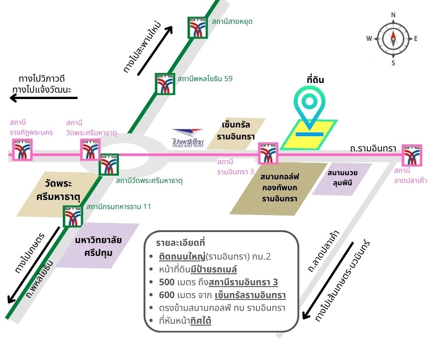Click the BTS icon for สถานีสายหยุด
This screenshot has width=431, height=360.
tap(197, 28)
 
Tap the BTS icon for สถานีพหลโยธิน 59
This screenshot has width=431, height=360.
tap(165, 84)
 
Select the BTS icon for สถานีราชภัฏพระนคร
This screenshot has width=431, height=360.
tap(22, 150)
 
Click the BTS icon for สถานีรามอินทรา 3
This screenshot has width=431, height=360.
tap(268, 153)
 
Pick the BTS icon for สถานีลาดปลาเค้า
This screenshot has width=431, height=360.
tap(412, 155)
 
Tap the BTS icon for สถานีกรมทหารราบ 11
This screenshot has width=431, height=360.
tap(72, 216)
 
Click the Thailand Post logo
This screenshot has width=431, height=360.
tap(188, 138)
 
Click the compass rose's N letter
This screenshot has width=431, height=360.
tap(393, 15)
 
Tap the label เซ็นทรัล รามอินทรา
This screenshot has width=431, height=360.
tap(236, 131)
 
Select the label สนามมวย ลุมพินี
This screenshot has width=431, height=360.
tap(342, 177)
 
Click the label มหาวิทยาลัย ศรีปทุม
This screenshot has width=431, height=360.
tap(99, 246)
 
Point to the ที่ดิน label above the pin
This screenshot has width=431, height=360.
tap(315, 80)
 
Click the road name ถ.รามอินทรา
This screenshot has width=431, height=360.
tap(373, 149)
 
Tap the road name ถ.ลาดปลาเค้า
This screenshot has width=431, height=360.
tap(324, 252)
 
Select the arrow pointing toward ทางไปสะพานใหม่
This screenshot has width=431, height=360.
tap(155, 50)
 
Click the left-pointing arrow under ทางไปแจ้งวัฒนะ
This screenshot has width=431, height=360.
tap(44, 98)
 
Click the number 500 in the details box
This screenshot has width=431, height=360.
tap(166, 282)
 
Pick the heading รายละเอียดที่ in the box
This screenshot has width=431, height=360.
tap(181, 243)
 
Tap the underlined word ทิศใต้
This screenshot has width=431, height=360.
tap(201, 321)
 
